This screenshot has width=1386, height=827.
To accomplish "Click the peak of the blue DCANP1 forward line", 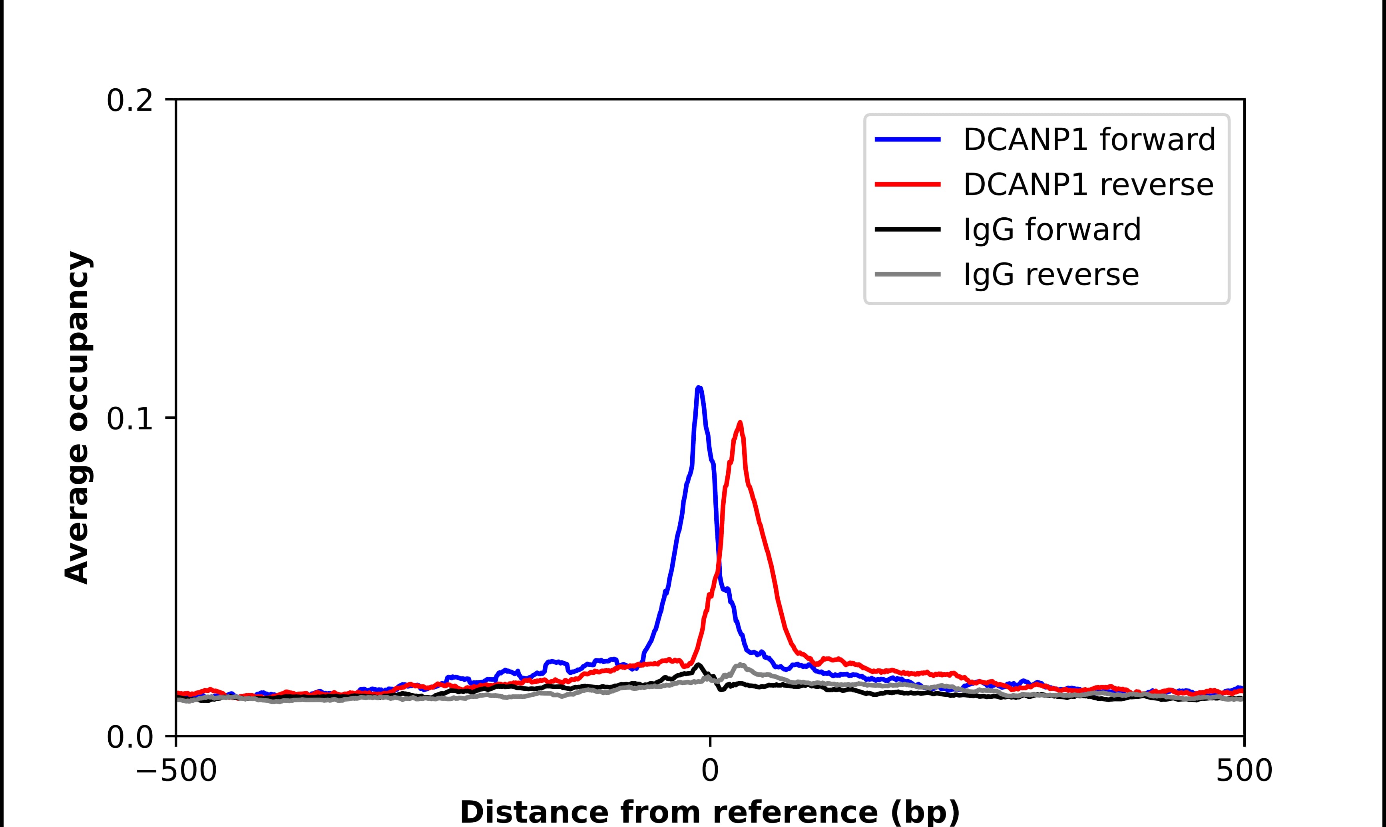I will click(698, 387).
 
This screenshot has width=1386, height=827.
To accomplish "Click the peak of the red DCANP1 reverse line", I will click(739, 423).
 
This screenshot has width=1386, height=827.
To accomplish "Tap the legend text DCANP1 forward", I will click(1089, 139).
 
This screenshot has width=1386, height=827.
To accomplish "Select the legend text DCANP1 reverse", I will click(1088, 185).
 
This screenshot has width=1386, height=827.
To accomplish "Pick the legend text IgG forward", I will click(1051, 230).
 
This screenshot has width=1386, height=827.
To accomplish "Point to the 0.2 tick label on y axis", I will click(129, 101).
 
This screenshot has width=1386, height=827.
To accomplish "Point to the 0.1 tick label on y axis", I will click(129, 419).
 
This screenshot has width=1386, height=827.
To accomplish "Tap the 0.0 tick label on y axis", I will click(129, 737).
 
